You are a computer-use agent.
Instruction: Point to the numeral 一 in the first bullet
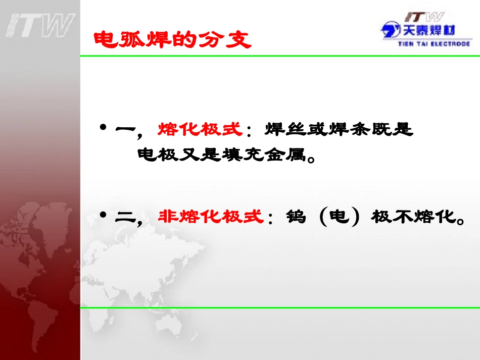pyautogui.click(x=125, y=130)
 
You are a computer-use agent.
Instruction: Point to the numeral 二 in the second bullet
pyautogui.click(x=125, y=217)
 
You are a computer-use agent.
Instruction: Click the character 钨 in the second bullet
pyautogui.click(x=297, y=217)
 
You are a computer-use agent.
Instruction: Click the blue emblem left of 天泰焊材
pyautogui.click(x=390, y=30)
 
